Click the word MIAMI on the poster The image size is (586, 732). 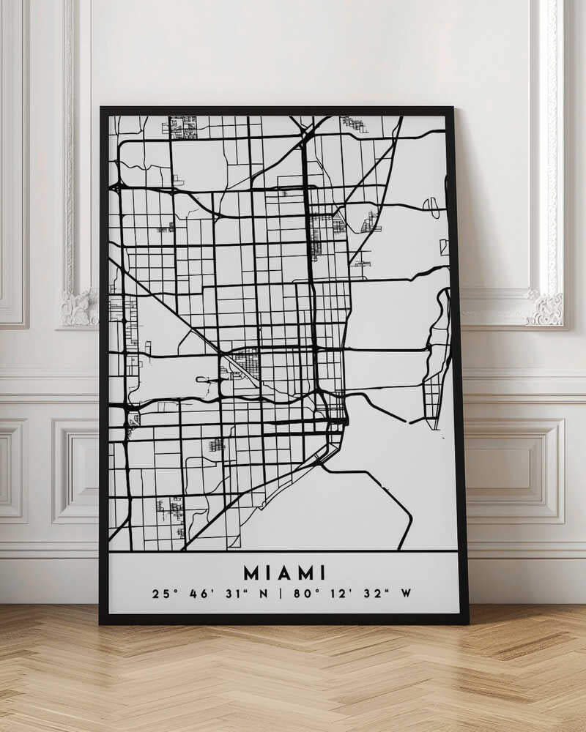point(284,572)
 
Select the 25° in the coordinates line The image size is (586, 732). point(163,594)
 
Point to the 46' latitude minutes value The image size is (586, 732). point(201,594)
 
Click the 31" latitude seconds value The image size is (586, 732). point(236,594)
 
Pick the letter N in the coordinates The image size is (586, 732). point(264,594)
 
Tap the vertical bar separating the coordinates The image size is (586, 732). point(282,594)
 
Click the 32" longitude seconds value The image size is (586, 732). point(376,594)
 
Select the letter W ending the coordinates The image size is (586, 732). point(405,594)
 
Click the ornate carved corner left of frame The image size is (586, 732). point(79,307)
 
